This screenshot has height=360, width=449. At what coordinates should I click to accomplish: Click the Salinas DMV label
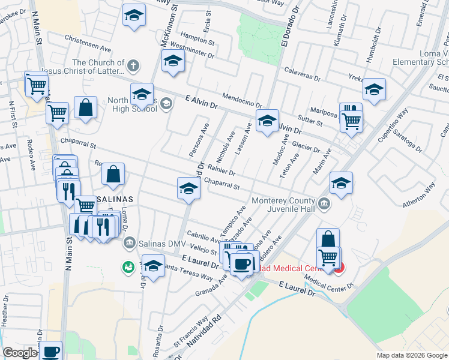(x=158, y=242)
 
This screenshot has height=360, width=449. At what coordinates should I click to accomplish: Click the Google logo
(x=20, y=353)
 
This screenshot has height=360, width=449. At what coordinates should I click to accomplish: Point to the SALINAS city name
(x=113, y=198)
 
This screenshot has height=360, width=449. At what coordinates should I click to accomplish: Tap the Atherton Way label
(x=418, y=196)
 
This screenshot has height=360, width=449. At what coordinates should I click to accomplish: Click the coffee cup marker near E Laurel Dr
(x=243, y=264)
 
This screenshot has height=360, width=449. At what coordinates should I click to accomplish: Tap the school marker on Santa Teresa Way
(x=153, y=265)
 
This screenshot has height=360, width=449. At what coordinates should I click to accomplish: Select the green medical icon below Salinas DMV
(x=127, y=266)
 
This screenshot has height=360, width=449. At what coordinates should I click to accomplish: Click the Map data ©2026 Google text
(x=411, y=355)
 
